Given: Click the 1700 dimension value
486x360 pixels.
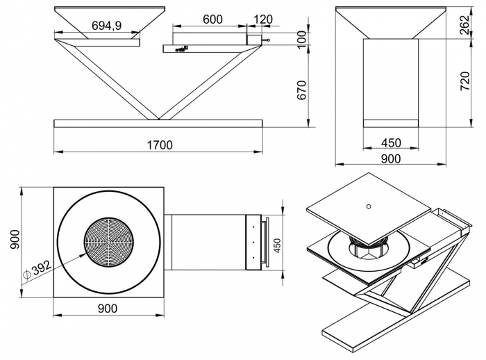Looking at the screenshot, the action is (x=159, y=145).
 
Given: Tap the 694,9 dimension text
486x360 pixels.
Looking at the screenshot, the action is (x=107, y=26).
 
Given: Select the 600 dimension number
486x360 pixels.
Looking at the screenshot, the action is (x=212, y=19).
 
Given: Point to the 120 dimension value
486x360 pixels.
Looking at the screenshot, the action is (x=263, y=19).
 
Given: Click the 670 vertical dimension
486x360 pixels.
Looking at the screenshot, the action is (x=301, y=90).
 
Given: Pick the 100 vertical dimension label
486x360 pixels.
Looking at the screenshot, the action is (x=301, y=40).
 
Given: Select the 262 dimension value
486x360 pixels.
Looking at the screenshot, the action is (x=465, y=25).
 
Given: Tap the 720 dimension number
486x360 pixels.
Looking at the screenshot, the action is (x=465, y=81).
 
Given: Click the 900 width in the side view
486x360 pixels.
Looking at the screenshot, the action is (x=391, y=158).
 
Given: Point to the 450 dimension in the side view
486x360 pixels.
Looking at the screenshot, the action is (x=391, y=142).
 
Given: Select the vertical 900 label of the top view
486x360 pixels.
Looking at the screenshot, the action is (x=15, y=239).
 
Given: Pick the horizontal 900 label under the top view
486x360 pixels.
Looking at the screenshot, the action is (x=108, y=308).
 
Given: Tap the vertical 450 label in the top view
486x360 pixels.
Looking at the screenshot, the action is (x=277, y=245).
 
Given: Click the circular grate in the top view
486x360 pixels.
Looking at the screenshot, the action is (x=109, y=243).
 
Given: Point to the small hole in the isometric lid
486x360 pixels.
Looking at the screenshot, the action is (x=369, y=206).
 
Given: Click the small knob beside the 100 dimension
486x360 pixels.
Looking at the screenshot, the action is (x=266, y=40).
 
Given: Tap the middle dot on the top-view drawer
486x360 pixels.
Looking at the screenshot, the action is (x=253, y=242).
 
